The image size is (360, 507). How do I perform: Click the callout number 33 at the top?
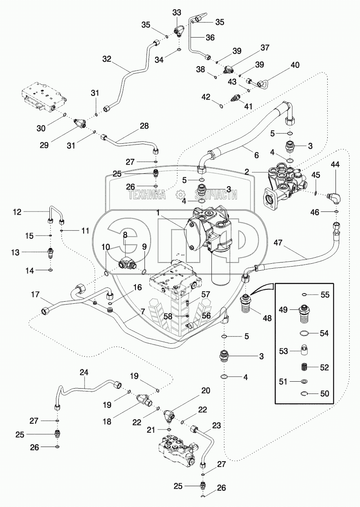click(177, 13)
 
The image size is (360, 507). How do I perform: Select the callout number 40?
click(295, 65)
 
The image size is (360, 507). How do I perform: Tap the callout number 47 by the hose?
click(278, 242)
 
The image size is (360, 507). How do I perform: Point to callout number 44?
click(335, 165)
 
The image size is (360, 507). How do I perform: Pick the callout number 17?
click(36, 295)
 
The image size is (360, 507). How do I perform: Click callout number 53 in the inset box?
click(284, 351)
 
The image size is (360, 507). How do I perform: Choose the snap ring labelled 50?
click(305, 394)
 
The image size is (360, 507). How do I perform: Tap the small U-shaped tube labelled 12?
click(56, 214)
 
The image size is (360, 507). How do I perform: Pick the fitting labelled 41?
click(234, 98)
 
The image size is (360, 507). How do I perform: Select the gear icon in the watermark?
click(181, 195)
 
